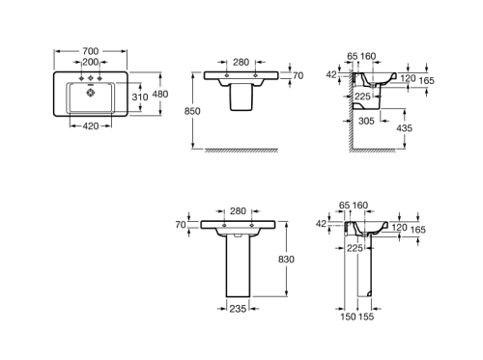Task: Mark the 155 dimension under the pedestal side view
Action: click(367, 317)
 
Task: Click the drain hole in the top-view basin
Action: click(89, 94)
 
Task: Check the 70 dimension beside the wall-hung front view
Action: click(298, 74)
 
